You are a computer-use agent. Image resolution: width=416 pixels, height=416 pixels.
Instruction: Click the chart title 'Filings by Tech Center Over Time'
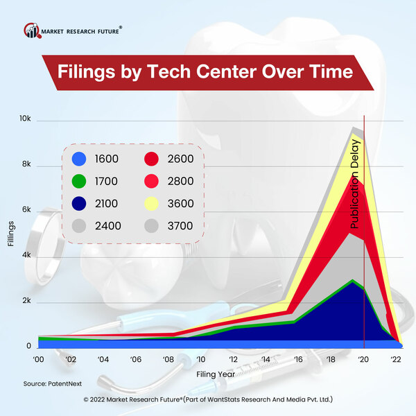coord(205,72)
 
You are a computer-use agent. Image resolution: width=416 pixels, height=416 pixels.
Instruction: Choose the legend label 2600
coord(180,159)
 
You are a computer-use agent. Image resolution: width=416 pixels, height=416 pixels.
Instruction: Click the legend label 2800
coord(180,181)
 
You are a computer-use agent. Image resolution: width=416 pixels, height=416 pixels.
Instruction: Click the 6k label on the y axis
coord(26,210)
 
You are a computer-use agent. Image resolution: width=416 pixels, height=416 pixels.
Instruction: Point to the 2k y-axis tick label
coord(26,301)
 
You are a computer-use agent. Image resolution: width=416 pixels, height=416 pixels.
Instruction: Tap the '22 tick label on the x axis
coord(396,360)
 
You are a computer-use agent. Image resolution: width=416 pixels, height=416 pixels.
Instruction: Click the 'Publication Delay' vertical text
coord(354,184)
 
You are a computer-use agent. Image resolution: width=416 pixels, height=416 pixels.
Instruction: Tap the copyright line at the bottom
coord(208,400)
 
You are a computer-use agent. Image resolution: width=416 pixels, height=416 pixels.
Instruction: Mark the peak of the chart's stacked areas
coord(354,128)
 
